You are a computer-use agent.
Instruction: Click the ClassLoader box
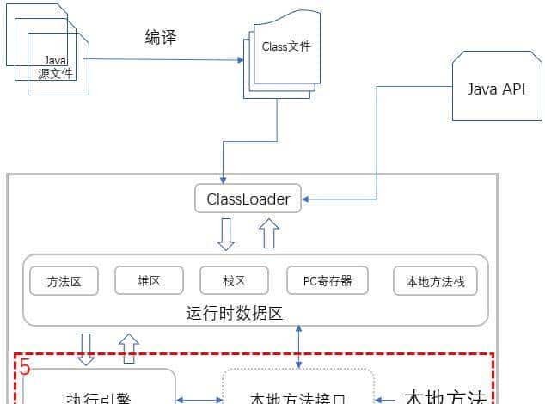point(248,199)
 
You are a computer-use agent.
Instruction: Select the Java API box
point(495,89)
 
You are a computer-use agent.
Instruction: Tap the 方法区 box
point(64,280)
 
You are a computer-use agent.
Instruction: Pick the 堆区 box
point(149,280)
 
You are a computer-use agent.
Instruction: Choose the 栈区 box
point(234,280)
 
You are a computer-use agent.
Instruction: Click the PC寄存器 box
point(327,280)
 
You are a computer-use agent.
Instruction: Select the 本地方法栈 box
point(434,280)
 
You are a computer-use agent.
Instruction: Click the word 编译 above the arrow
point(162,37)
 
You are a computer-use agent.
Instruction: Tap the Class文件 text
point(285,47)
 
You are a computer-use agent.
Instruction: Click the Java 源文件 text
point(56,67)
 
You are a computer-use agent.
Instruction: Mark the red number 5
point(25,368)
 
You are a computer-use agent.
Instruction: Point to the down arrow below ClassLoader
point(226,234)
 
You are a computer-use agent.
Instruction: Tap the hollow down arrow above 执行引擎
point(86,348)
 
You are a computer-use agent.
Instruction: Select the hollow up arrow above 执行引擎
point(128,348)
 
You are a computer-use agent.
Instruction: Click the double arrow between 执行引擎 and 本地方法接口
point(199,399)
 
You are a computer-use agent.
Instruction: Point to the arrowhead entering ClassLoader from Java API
point(307,200)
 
